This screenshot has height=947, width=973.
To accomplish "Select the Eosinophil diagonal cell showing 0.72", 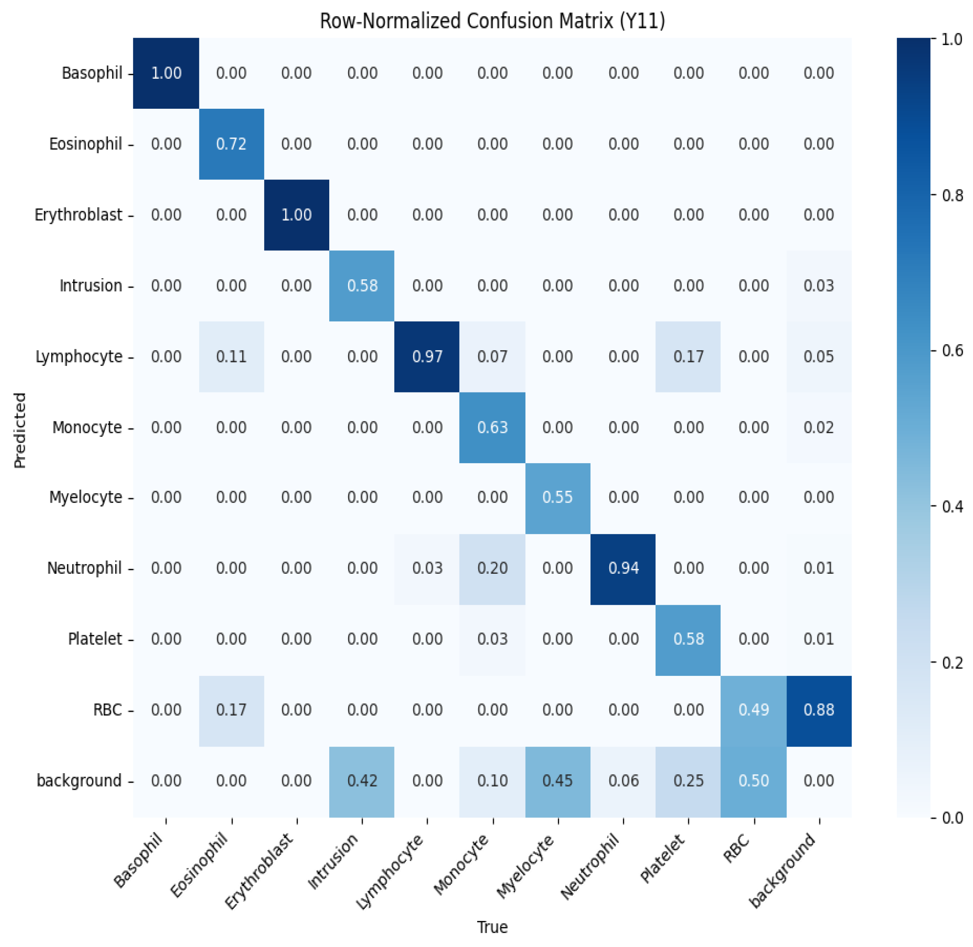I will point(231,144).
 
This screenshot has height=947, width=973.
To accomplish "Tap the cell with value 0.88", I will point(818,710).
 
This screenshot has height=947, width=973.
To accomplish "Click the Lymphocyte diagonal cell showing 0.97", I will point(427,356).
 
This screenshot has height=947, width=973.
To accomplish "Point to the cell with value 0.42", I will point(362,781).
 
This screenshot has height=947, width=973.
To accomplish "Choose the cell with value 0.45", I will point(557,781).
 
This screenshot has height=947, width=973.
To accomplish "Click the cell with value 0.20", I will point(492,568).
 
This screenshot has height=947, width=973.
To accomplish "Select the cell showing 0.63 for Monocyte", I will point(492,427).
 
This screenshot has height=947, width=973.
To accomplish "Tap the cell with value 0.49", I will point(753,710).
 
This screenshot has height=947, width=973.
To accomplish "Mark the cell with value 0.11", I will point(231,356).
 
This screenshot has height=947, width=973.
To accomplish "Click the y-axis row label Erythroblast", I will point(78,215).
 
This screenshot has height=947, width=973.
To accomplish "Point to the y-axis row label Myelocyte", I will point(85,497).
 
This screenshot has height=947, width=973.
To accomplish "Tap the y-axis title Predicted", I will point(20,430).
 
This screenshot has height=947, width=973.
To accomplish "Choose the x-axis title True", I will point(492,927).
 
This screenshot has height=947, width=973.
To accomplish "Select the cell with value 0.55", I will point(557,497).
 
